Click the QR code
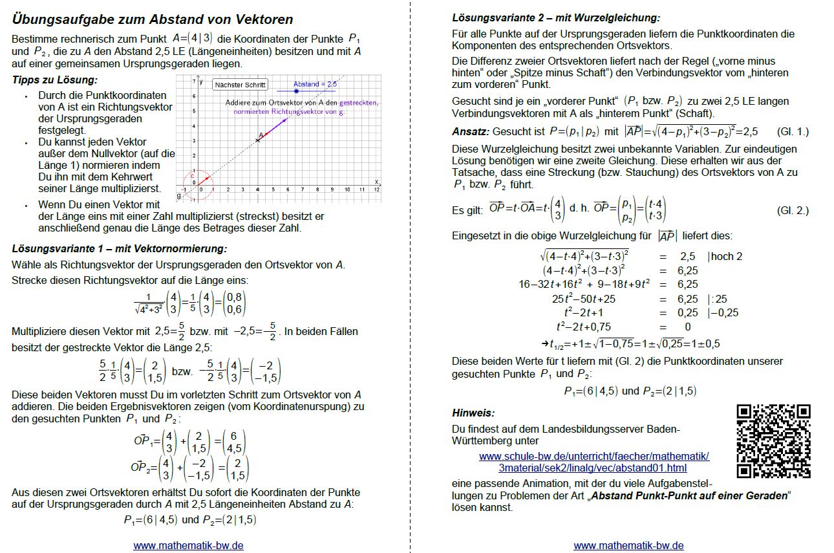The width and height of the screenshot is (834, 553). (773, 442)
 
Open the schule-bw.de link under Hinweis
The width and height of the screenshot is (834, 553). (593, 462)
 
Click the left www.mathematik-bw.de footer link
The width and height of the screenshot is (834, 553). (188, 545)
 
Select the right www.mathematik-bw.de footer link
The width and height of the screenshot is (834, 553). (628, 545)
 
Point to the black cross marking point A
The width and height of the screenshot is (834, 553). (258, 140)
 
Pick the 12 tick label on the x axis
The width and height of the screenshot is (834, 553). (376, 190)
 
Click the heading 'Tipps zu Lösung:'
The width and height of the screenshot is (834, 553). (54, 80)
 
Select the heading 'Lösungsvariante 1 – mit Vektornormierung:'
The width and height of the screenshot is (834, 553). (120, 248)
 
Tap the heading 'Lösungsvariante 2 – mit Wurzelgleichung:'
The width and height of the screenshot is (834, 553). (555, 18)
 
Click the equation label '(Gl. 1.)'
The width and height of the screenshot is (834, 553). (792, 131)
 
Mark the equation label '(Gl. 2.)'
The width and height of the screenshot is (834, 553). (792, 211)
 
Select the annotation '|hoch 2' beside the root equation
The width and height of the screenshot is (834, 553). (725, 256)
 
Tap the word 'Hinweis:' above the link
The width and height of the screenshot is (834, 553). (473, 413)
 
